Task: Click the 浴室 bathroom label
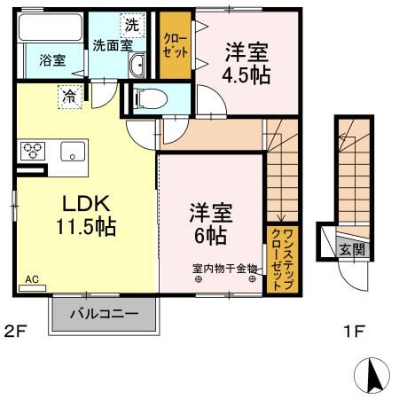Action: [x=51, y=60]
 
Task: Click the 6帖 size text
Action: [x=209, y=237]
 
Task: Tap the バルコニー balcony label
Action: [x=104, y=313]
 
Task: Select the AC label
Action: [x=32, y=279]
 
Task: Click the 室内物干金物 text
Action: [x=224, y=268]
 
